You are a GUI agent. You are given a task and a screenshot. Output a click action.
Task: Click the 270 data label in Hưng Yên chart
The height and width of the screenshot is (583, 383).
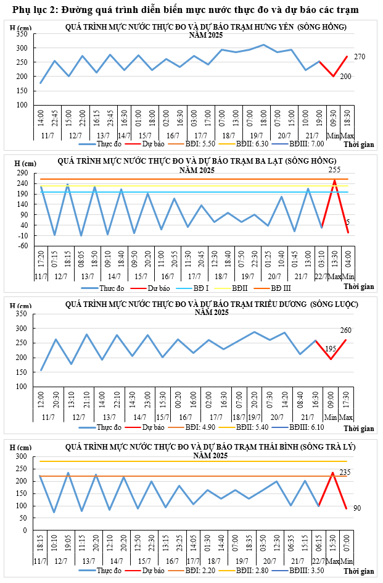point(360,57)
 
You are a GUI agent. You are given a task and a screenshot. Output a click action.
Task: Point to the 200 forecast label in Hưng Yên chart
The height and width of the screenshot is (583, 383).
point(345,77)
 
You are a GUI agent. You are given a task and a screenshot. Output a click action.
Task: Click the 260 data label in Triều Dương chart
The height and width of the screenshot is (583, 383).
point(346,330)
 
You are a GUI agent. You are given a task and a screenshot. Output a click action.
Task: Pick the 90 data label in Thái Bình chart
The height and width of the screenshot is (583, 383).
point(357,508)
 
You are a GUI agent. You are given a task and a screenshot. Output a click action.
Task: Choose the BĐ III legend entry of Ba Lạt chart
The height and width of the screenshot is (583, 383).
point(276,288)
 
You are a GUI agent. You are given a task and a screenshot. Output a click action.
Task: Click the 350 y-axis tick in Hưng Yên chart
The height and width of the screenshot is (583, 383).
point(22,34)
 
